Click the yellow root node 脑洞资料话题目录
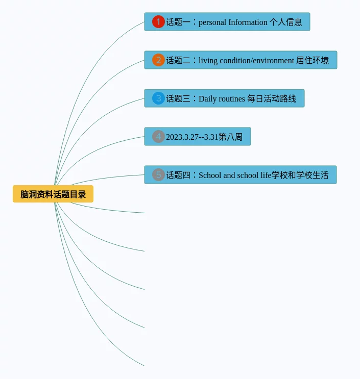pos(53,194)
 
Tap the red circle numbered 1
pos(158,22)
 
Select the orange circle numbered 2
pos(158,60)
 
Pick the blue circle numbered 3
pos(158,98)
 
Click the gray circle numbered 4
pos(158,137)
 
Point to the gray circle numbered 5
pos(158,175)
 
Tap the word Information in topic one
pos(248,22)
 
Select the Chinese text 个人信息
pos(286,22)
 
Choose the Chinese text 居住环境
pos(313,61)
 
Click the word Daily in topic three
pos(207,99)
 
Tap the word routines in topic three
pos(232,99)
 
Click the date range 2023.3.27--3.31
pos(192,137)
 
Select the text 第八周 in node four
pos(231,137)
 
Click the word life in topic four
pos(266,175)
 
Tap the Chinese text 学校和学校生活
pos(300,175)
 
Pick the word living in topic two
pos(208,61)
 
